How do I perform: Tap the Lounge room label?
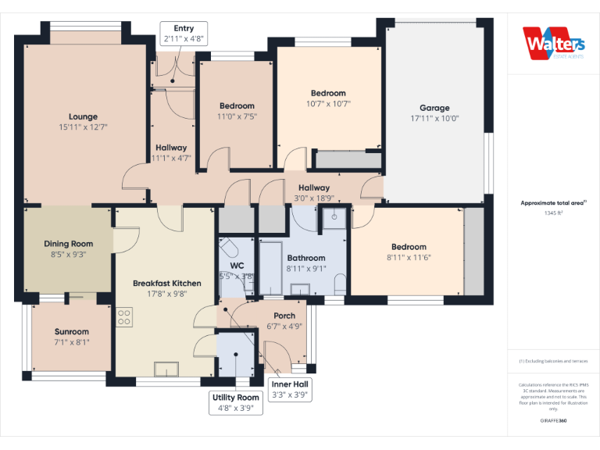coord(83,116)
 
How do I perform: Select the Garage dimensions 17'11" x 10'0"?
coord(434,119)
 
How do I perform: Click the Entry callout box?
coord(184,34)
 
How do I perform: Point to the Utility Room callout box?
coord(235,402)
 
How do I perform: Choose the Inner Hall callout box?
coord(291,390)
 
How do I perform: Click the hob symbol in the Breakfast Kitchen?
coord(124,316)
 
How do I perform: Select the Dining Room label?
coord(68,244)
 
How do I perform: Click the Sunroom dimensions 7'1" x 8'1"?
coord(72,341)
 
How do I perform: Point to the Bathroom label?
coord(306,258)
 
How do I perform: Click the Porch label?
coord(284,316)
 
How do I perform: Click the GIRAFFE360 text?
coord(553,421)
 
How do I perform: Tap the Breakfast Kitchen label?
coord(167,283)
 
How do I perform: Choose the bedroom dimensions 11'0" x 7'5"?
coord(237,116)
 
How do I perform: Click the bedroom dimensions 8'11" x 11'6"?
coord(409,257)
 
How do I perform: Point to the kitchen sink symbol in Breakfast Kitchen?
coord(166,368)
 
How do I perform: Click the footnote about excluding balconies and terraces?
coord(553,362)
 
